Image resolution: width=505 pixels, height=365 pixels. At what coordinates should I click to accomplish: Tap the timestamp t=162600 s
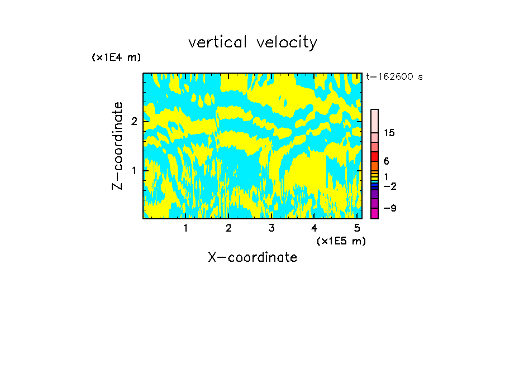pyautogui.click(x=394, y=77)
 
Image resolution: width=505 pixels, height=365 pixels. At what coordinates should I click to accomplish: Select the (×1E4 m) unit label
pyautogui.click(x=116, y=57)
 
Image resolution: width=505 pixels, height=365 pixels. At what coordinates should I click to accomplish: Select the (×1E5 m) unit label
pyautogui.click(x=341, y=241)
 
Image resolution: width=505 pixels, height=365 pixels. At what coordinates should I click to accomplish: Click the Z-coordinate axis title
pyautogui.click(x=117, y=146)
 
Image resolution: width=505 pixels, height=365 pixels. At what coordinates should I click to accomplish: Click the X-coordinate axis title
pyautogui.click(x=252, y=257)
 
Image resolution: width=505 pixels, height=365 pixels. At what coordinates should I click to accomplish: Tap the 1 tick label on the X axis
pyautogui.click(x=185, y=228)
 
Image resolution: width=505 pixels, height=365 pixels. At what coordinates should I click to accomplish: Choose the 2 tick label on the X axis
pyautogui.click(x=228, y=228)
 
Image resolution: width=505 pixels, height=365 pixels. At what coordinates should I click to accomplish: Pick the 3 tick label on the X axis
pyautogui.click(x=271, y=228)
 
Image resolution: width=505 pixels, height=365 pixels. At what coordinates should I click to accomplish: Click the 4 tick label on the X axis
pyautogui.click(x=314, y=228)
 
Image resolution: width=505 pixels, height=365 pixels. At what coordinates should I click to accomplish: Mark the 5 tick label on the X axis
pyautogui.click(x=357, y=228)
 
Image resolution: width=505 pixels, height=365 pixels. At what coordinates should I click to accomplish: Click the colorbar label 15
pyautogui.click(x=389, y=133)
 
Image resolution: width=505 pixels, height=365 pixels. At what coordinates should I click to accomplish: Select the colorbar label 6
pyautogui.click(x=386, y=161)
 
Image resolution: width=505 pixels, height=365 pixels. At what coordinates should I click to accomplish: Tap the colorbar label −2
pyautogui.click(x=389, y=186)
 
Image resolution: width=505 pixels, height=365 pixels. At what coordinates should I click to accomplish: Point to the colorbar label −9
pyautogui.click(x=389, y=208)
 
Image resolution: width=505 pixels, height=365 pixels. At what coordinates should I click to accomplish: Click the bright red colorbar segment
pyautogui.click(x=374, y=156)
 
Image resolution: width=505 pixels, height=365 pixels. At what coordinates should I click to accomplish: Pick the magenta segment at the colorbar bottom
pyautogui.click(x=374, y=213)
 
